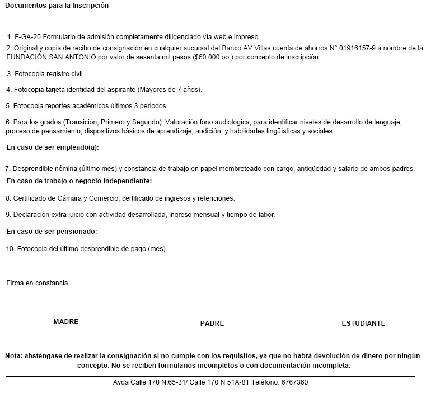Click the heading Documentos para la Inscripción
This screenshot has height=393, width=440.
pyautogui.click(x=57, y=6)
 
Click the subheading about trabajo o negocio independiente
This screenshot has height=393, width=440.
pyautogui.click(x=79, y=181)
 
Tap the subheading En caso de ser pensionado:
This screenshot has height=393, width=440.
pyautogui.click(x=52, y=231)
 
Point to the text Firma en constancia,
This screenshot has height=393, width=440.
pyautogui.click(x=38, y=283)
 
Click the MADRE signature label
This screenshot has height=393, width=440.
pyautogui.click(x=66, y=322)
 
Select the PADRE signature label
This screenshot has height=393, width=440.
pyautogui.click(x=212, y=323)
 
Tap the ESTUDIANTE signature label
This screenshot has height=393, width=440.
pyautogui.click(x=363, y=323)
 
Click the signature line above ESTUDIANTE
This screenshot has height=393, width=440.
pyautogui.click(x=361, y=318)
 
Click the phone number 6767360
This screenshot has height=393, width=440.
pyautogui.click(x=296, y=382)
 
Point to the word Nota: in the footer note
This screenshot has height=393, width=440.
pyautogui.click(x=14, y=356)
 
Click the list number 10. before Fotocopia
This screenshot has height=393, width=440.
pyautogui.click(x=10, y=248)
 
